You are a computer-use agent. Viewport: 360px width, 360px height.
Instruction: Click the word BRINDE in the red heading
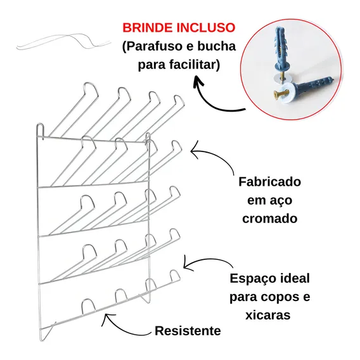click(x=148, y=27)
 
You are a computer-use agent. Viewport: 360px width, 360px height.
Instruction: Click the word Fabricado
click(x=270, y=182)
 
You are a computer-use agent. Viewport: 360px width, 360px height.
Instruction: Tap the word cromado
click(x=270, y=218)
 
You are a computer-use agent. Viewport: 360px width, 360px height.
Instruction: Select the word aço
click(x=281, y=201)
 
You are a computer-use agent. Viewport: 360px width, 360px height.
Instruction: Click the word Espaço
click(x=252, y=279)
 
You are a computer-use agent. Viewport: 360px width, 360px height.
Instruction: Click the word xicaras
click(x=268, y=315)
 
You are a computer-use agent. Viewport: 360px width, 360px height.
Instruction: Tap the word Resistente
click(x=188, y=331)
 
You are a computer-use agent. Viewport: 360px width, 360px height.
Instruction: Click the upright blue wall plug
click(x=281, y=51)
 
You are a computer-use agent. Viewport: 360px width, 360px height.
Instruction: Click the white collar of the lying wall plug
click(x=288, y=93)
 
